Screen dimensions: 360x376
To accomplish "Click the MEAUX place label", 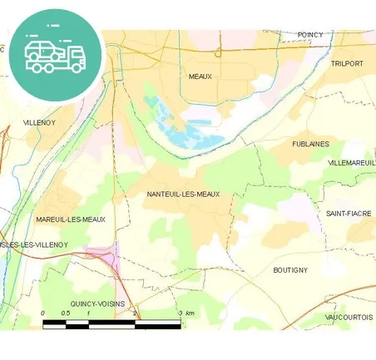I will (x=200, y=76).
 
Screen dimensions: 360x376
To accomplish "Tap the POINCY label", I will (x=311, y=35).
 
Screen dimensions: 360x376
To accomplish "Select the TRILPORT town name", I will (x=347, y=63).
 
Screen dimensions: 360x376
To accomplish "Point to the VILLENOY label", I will (x=38, y=122).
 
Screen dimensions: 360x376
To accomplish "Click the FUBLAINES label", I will (x=310, y=144).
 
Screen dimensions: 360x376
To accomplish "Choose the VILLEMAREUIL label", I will (x=353, y=163).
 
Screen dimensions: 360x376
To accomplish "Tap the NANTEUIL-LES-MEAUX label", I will (x=182, y=195).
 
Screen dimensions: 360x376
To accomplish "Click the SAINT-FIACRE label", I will (x=348, y=214).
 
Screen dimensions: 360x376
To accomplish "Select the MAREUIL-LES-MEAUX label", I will (x=71, y=219).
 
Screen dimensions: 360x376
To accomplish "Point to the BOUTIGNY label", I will (x=290, y=270).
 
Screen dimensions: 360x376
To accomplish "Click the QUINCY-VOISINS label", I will (x=97, y=303).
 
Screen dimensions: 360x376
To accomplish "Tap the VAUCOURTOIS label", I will (x=349, y=317).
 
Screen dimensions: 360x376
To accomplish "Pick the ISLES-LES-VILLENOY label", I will (x=34, y=244).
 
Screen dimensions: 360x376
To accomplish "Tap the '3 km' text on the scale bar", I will (x=187, y=313).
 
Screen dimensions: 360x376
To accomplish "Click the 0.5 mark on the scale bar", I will (x=65, y=313).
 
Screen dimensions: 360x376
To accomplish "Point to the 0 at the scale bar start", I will (x=42, y=313).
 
